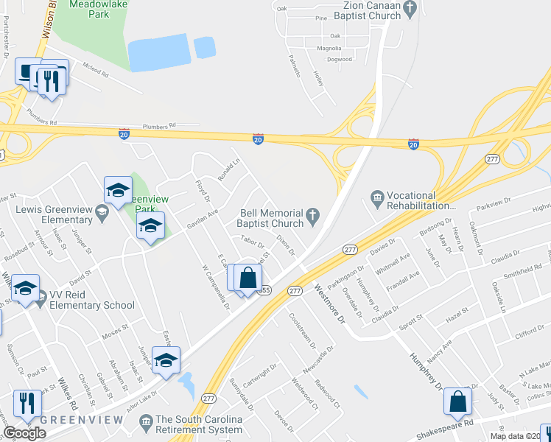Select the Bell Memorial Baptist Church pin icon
(x=313, y=216)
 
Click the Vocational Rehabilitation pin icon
(x=377, y=197)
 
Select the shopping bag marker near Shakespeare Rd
(x=457, y=401)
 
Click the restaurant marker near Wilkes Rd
(x=27, y=403)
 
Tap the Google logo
(x=24, y=433)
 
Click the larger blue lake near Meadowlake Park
(x=158, y=52)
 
